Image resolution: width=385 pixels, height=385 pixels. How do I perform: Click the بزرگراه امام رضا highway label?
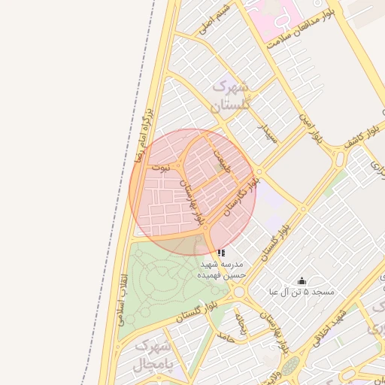tap(144, 136)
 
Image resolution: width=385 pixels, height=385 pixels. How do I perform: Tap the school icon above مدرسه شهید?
tap(220, 253)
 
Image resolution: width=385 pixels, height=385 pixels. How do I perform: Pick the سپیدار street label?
tap(268, 133)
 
